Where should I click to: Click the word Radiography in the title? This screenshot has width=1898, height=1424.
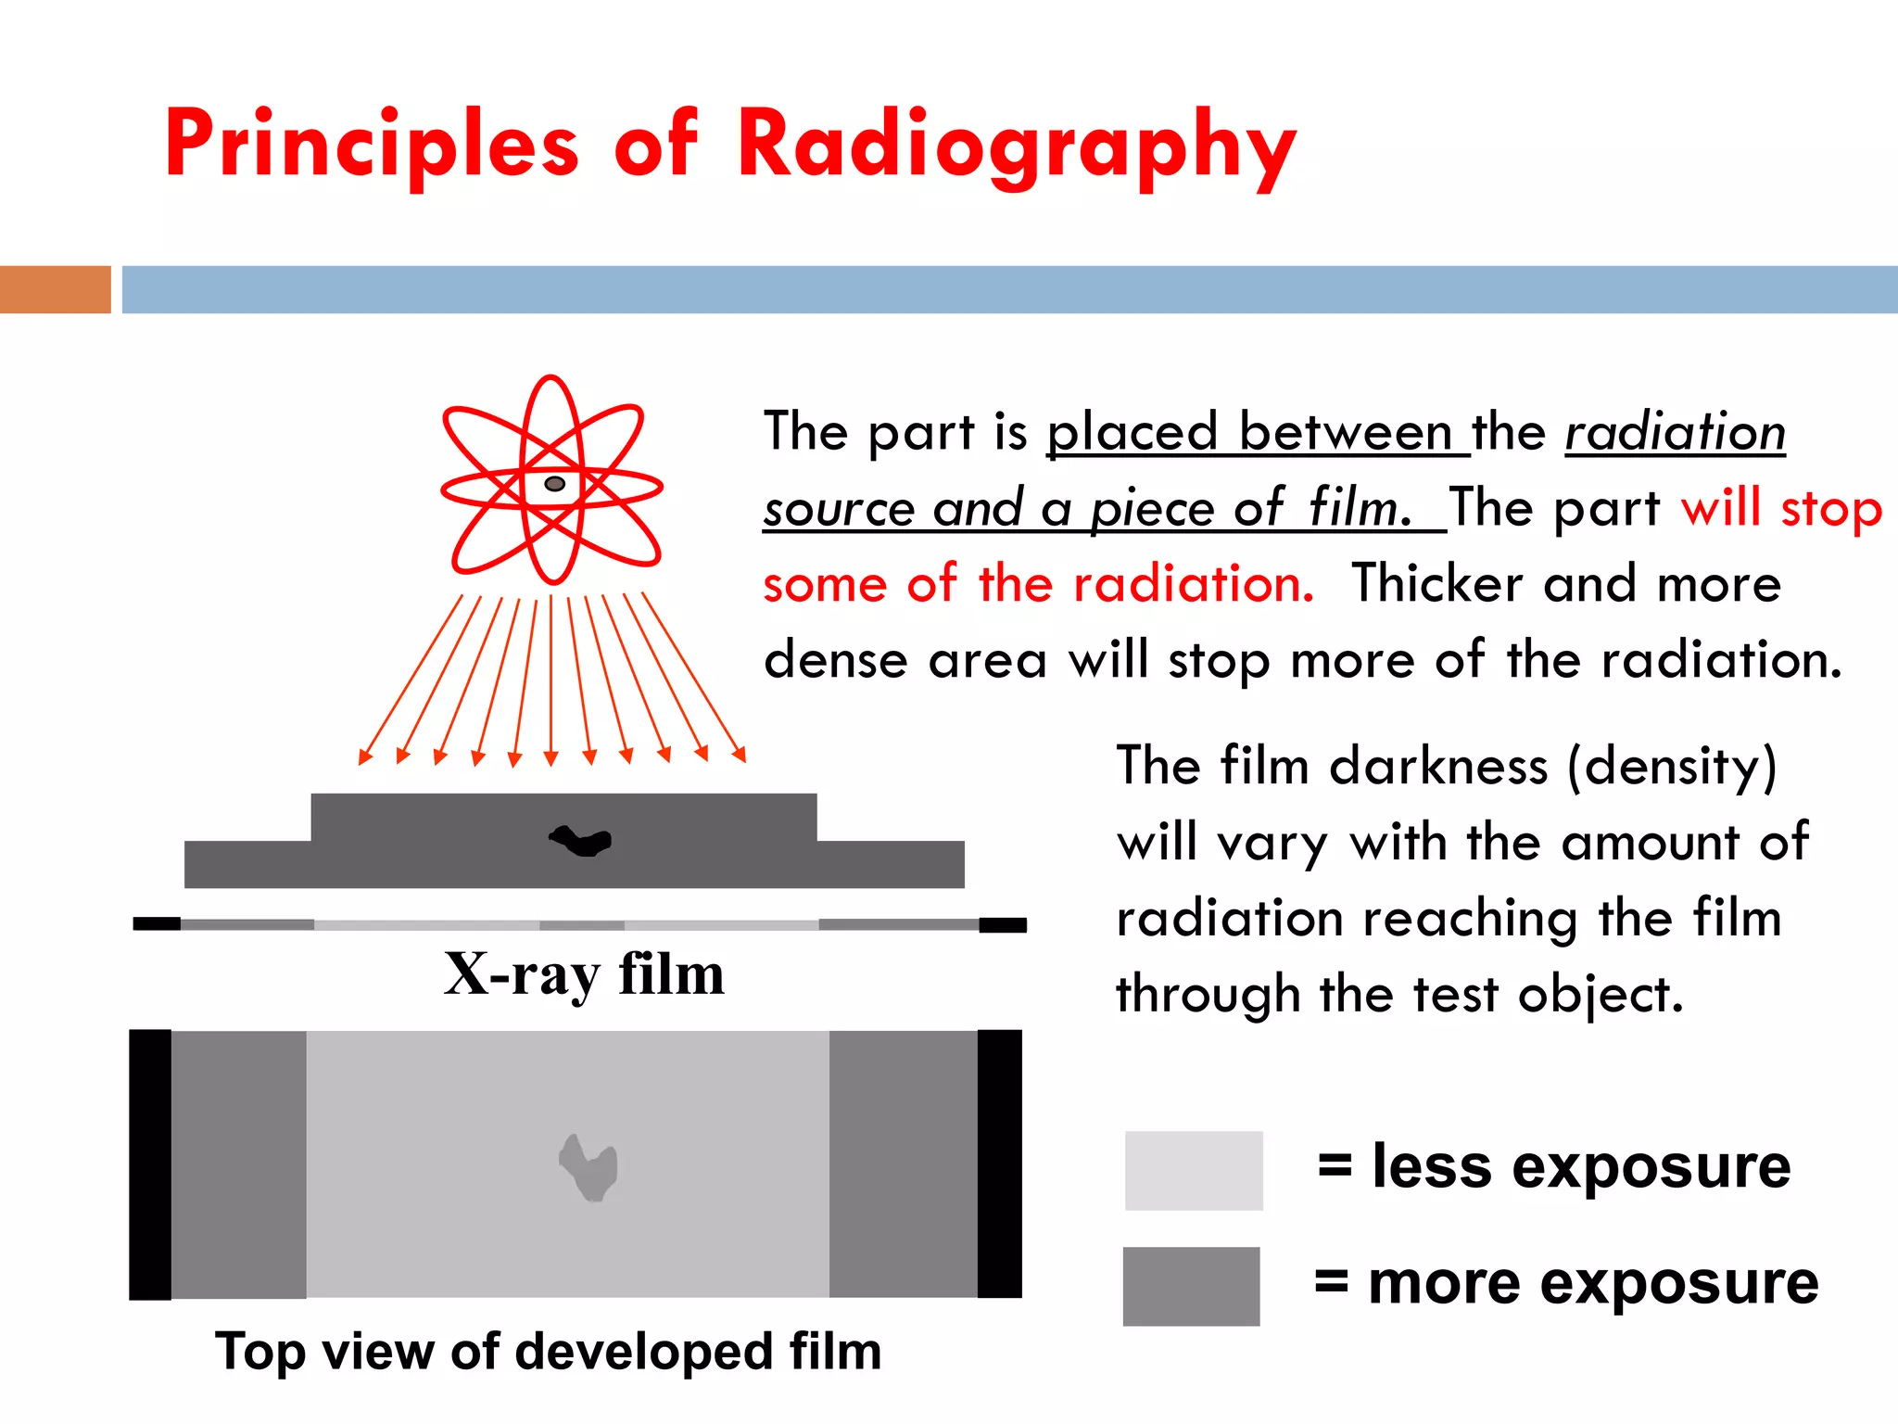[1017, 146]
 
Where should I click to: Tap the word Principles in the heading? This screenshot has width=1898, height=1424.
[372, 146]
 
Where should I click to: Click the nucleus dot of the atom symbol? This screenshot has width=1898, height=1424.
[554, 484]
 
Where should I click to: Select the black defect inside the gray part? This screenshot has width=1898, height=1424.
[581, 841]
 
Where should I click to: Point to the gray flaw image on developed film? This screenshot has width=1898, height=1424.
[588, 1167]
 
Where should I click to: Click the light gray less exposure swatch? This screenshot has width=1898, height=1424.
[1194, 1170]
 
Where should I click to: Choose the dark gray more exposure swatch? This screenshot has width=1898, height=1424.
[1191, 1286]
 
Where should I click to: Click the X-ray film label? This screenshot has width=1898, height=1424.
[584, 975]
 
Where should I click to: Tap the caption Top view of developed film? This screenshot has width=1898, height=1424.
[548, 1351]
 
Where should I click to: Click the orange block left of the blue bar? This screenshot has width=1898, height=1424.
[55, 289]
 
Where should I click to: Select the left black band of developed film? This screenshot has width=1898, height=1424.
[150, 1164]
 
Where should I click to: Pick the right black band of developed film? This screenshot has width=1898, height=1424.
[999, 1163]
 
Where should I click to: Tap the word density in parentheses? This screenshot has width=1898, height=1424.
[1672, 768]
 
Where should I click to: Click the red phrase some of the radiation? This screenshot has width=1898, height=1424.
[1038, 585]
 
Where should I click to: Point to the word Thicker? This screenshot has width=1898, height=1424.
[1436, 585]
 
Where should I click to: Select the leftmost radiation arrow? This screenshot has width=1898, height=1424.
[411, 680]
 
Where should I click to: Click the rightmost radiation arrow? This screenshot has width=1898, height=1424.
[693, 678]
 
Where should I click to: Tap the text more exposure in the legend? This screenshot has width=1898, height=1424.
[1593, 1284]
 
